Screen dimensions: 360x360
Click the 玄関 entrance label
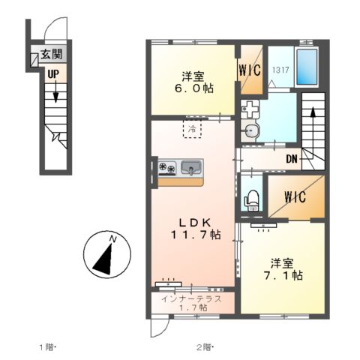(x=52, y=54)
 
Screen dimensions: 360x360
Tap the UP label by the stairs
(x=53, y=74)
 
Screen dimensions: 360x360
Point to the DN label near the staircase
(x=292, y=159)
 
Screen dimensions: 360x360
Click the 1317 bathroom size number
(x=280, y=70)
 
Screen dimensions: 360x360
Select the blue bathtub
(x=307, y=67)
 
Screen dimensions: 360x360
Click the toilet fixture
(x=251, y=200)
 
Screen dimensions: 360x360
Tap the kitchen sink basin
(x=191, y=166)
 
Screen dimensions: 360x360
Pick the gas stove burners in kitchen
(x=167, y=167)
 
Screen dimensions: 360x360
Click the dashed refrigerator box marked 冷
(x=192, y=129)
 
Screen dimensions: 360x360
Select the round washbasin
(x=250, y=130)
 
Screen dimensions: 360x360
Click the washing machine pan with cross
(x=250, y=109)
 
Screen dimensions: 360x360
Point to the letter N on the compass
(x=113, y=239)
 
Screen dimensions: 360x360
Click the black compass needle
(x=104, y=260)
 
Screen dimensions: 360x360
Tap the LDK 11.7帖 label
(x=196, y=229)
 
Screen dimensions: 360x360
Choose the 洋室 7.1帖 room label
(x=283, y=269)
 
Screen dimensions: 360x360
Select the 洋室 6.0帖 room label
(x=193, y=82)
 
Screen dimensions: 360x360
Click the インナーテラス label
(x=191, y=299)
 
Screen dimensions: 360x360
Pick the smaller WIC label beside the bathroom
(x=250, y=70)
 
